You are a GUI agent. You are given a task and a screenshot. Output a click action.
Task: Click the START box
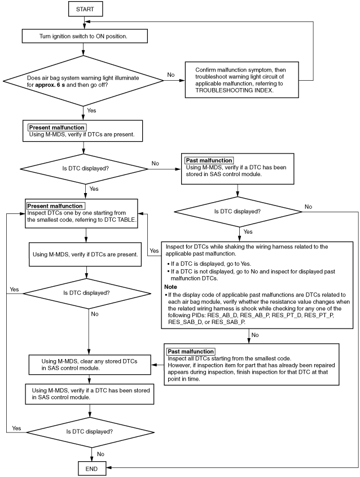(x=85, y=9)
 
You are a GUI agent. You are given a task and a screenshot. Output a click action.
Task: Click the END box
(x=92, y=469)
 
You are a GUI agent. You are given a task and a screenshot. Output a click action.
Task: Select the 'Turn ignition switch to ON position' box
(x=85, y=36)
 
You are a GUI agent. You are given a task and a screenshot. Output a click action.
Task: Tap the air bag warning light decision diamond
(x=84, y=81)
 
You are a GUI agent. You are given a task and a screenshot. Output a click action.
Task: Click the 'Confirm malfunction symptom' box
(x=242, y=80)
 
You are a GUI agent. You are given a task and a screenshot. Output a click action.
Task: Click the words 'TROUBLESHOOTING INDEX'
(x=234, y=90)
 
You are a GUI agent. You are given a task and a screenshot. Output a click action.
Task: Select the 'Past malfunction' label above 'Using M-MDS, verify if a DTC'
(x=209, y=160)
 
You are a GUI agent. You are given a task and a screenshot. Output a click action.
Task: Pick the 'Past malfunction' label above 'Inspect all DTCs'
(x=191, y=351)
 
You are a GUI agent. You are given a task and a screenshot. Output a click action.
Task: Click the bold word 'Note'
(x=170, y=287)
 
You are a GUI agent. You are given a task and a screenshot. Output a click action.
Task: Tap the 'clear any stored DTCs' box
(x=90, y=365)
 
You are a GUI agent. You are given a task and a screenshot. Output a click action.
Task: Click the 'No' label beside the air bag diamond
(x=171, y=75)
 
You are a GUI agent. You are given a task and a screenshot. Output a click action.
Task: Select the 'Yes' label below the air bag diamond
(x=91, y=111)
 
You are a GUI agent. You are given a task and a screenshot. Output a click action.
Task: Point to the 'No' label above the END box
(x=100, y=454)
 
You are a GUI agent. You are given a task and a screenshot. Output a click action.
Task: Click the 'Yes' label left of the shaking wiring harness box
(x=154, y=251)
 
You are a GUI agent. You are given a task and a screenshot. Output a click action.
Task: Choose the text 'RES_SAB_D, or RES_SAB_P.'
(x=207, y=322)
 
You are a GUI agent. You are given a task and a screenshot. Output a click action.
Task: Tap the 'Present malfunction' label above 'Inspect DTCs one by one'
(x=55, y=206)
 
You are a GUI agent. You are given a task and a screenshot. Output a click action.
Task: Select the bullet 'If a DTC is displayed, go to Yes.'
(x=209, y=264)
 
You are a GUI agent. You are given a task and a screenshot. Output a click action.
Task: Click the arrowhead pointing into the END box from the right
(x=108, y=467)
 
